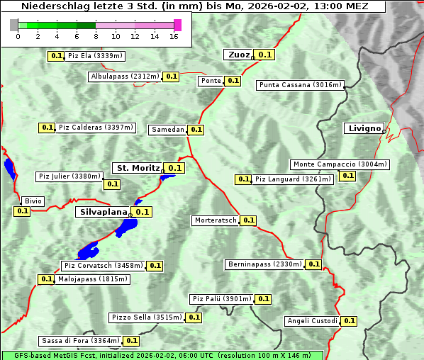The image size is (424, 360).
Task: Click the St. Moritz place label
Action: tap(138, 168)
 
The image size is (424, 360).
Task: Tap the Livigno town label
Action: tap(364, 128)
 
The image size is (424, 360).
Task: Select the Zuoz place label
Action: tap(238, 55)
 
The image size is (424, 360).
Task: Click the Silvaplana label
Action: tap(103, 212)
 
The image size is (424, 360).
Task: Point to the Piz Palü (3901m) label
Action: tap(222, 299)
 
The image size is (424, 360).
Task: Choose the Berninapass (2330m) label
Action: tap(264, 264)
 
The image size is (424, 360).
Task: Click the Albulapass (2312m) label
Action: tap(125, 77)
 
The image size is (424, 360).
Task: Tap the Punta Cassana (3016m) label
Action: tap(300, 85)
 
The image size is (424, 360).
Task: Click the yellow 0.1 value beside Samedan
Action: tap(196, 130)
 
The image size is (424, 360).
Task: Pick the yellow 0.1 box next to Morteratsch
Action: tap(249, 220)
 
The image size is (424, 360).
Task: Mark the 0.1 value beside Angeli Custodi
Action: tap(349, 321)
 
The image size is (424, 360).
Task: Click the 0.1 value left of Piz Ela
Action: tap(56, 55)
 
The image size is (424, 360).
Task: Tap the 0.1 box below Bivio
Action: tap(22, 211)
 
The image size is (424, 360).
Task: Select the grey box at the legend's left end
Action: tap(14, 25)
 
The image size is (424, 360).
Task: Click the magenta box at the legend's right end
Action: tap(178, 25)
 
